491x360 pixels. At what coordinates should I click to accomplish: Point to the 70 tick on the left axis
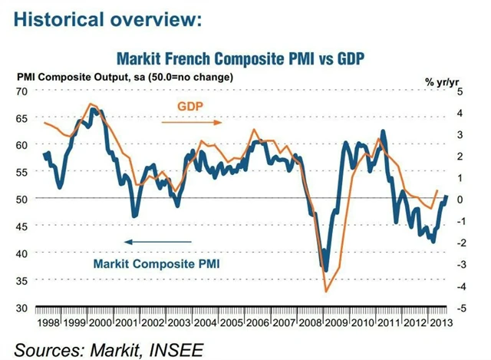[21, 91]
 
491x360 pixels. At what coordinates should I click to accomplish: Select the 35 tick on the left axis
[21, 280]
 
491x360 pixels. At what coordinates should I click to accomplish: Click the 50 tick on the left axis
[21, 199]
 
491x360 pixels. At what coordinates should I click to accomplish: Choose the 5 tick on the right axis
[460, 91]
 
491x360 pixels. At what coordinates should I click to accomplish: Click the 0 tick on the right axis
[460, 199]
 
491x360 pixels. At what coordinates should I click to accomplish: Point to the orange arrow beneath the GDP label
[190, 121]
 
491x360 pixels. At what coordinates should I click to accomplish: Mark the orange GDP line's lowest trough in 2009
[327, 291]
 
